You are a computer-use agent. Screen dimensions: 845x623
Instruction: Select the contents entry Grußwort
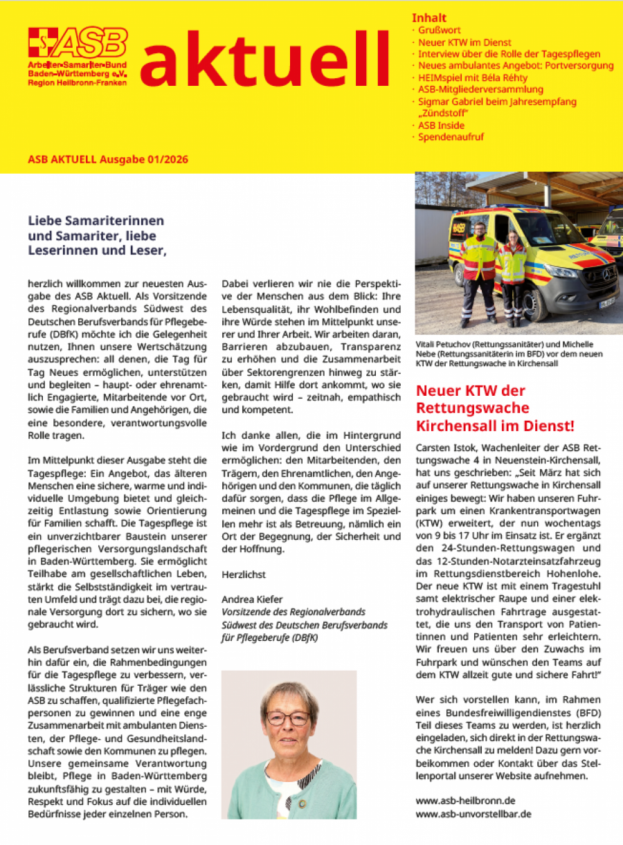pos(440,30)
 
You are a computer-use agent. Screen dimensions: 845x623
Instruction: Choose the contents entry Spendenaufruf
pos(451,137)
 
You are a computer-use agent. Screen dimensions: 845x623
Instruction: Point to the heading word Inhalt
pos(429,18)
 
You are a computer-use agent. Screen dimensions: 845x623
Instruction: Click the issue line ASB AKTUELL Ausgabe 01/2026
pos(108,160)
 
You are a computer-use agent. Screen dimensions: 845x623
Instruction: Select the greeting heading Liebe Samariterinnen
pos(96,221)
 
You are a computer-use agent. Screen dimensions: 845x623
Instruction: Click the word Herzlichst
pos(244,574)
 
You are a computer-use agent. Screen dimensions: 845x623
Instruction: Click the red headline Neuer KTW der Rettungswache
pos(495,408)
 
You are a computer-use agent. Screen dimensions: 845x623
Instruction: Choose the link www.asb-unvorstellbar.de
pos(473,814)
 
